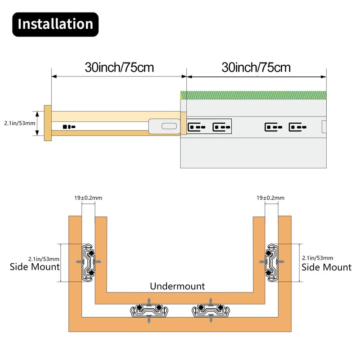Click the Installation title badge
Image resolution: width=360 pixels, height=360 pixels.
[x=55, y=24]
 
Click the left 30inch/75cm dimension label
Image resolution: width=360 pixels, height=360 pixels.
[x=119, y=67]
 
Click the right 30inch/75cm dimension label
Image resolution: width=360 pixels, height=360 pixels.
[x=256, y=67]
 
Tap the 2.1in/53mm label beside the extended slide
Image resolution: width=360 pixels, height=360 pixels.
[x=19, y=122]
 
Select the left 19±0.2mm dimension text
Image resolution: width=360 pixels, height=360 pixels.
[x=89, y=198]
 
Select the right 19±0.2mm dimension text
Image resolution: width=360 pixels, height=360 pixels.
[x=270, y=198]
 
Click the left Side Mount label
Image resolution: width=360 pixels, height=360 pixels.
[x=35, y=267]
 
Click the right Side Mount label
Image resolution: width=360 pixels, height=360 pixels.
[x=326, y=267]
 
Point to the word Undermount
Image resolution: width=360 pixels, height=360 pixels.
[x=177, y=286]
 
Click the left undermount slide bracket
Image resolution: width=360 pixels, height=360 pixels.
[x=149, y=310]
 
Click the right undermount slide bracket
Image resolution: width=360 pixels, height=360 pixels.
[x=211, y=310]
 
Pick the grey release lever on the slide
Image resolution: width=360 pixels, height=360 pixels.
[x=165, y=126]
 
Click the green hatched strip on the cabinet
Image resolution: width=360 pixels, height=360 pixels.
[x=253, y=95]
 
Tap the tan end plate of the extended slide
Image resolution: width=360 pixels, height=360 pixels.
[x=47, y=123]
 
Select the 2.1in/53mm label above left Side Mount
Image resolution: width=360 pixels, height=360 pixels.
[x=44, y=259]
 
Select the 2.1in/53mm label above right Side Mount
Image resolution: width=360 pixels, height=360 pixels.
[x=318, y=258]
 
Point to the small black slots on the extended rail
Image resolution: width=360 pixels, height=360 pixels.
[x=69, y=127]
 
